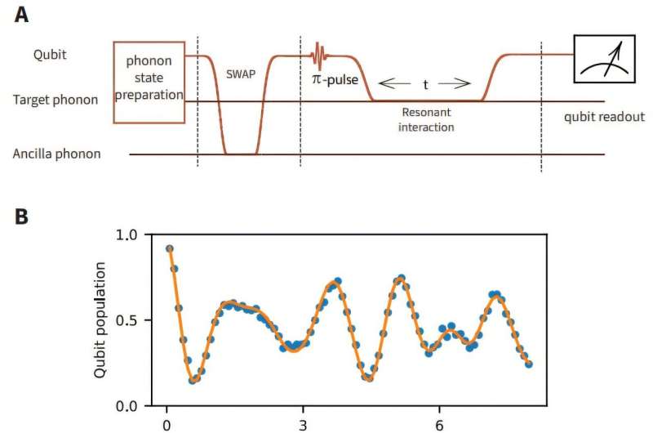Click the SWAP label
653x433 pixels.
(x=241, y=73)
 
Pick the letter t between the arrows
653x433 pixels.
(x=424, y=84)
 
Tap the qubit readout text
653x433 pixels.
(x=604, y=117)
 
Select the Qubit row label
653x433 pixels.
(x=50, y=56)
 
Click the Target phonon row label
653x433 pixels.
(x=56, y=100)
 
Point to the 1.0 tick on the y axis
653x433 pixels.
(x=130, y=235)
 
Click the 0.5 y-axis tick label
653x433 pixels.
(x=130, y=320)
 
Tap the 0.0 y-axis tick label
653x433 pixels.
(x=130, y=406)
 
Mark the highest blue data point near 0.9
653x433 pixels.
(x=169, y=249)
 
